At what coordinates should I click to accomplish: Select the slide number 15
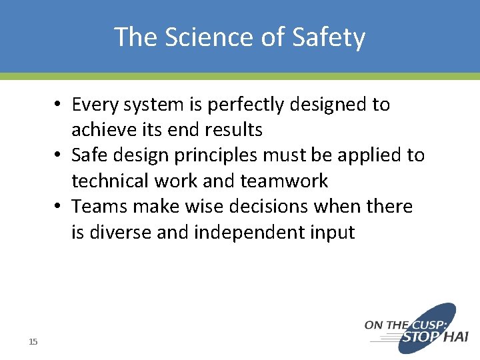[33, 342]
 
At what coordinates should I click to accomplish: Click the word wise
[200, 207]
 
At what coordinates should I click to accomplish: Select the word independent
[255, 233]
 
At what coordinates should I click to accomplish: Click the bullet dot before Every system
[59, 105]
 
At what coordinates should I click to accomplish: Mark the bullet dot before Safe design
[59, 156]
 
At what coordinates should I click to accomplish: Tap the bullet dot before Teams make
[59, 207]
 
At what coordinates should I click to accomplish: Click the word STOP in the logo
[419, 337]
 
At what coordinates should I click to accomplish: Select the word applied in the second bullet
[368, 156]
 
